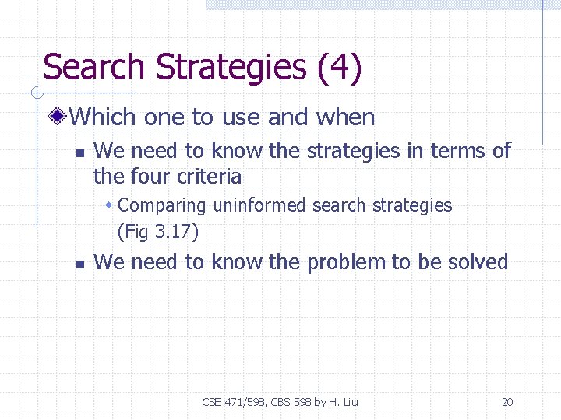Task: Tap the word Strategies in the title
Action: tap(231, 68)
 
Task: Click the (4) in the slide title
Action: tap(340, 68)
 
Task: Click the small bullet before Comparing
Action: tap(110, 206)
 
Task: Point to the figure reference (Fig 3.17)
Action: tap(157, 232)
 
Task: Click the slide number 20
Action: tap(507, 402)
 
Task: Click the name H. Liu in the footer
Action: tap(344, 402)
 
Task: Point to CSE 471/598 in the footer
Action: tap(232, 402)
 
